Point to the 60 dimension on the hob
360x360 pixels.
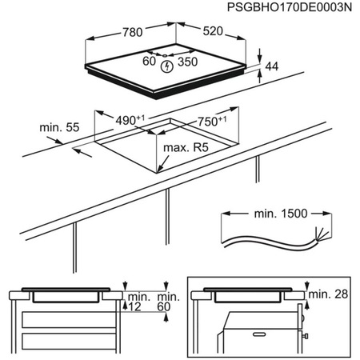coord(148,61)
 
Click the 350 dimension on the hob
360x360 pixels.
coord(187,62)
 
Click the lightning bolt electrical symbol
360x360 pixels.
coord(166,66)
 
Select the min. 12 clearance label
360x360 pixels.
coord(135,301)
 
